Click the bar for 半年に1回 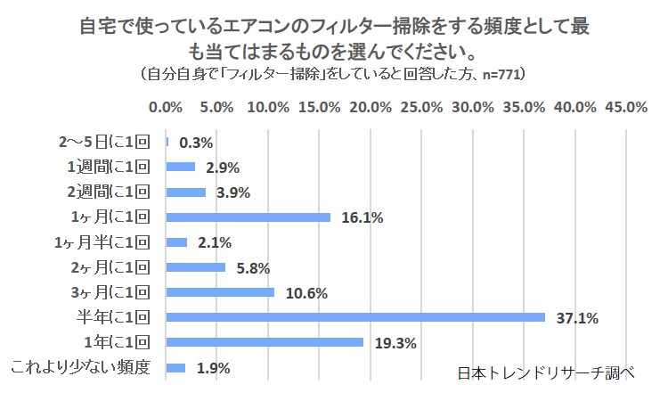(355, 316)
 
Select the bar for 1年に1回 (265, 342)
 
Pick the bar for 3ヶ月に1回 (220, 291)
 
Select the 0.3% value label (196, 142)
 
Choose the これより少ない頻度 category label (86, 367)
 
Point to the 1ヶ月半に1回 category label (106, 241)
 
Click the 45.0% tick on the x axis (626, 107)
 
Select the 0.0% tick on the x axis (167, 107)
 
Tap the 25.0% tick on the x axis (421, 107)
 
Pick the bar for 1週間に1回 (181, 167)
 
